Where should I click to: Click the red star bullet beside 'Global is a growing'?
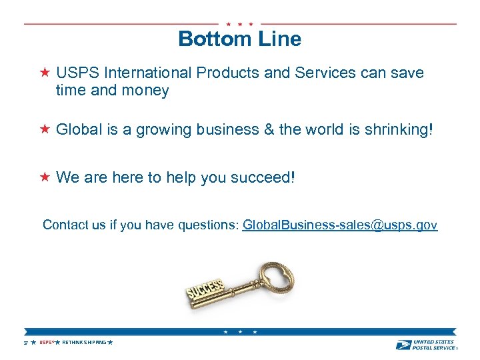45,129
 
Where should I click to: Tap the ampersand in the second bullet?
268,129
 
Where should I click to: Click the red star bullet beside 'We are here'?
45,177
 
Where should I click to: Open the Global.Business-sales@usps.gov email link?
339,225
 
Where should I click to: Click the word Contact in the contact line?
65,225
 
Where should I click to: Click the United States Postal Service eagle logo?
403,344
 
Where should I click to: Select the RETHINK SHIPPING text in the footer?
84,343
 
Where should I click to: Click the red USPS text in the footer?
46,343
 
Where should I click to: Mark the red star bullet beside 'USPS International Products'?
45,72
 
